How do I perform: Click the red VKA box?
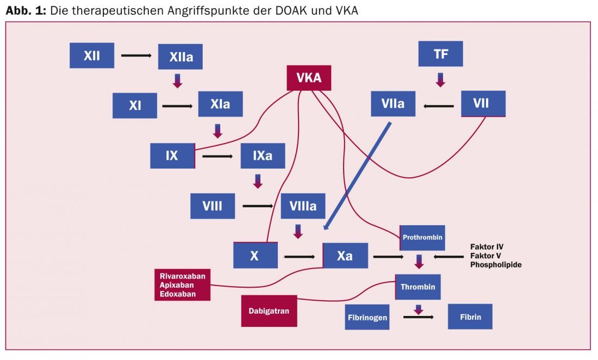point(309,78)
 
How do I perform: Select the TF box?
point(440,54)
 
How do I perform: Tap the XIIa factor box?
point(180,56)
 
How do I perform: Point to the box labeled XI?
point(135,105)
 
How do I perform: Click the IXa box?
point(263,156)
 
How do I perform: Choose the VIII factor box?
point(213,206)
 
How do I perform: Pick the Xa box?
point(345,256)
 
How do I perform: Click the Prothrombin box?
point(422,238)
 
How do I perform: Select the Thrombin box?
point(418,287)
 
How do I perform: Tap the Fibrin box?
point(470,316)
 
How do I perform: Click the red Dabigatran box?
point(269,311)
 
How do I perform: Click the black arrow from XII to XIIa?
point(136,55)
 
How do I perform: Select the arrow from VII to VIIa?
point(438,105)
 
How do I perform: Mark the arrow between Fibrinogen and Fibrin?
point(418,316)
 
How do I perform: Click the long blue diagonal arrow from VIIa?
point(357,177)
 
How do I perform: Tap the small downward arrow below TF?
point(440,79)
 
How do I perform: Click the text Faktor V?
point(487,256)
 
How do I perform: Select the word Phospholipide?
point(496,265)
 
